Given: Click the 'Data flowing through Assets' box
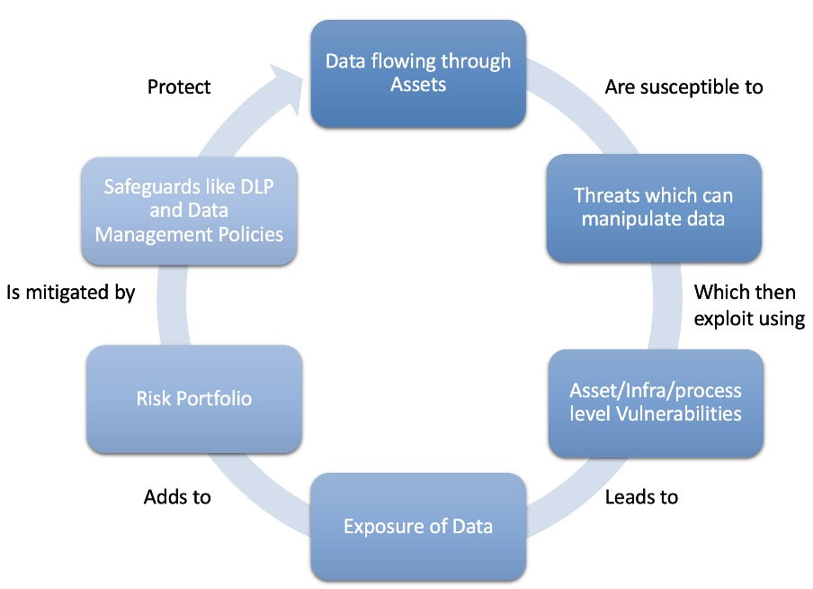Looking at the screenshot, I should pyautogui.click(x=417, y=73).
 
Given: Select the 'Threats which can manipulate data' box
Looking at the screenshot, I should pyautogui.click(x=654, y=208).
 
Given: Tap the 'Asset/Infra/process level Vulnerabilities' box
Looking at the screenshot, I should pyautogui.click(x=656, y=403).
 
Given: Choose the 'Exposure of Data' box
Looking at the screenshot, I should pyautogui.click(x=417, y=526).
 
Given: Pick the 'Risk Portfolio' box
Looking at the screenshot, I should pyautogui.click(x=193, y=398).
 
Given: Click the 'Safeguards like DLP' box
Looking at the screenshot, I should pyautogui.click(x=189, y=212).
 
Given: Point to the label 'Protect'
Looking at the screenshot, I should pyautogui.click(x=179, y=86).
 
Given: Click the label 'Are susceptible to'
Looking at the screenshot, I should pyautogui.click(x=683, y=86).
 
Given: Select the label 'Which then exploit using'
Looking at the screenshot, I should pyautogui.click(x=748, y=305).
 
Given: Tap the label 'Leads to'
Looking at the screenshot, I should pyautogui.click(x=641, y=496).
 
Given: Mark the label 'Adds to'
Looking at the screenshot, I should pyautogui.click(x=177, y=496).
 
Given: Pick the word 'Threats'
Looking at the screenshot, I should pyautogui.click(x=604, y=196).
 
